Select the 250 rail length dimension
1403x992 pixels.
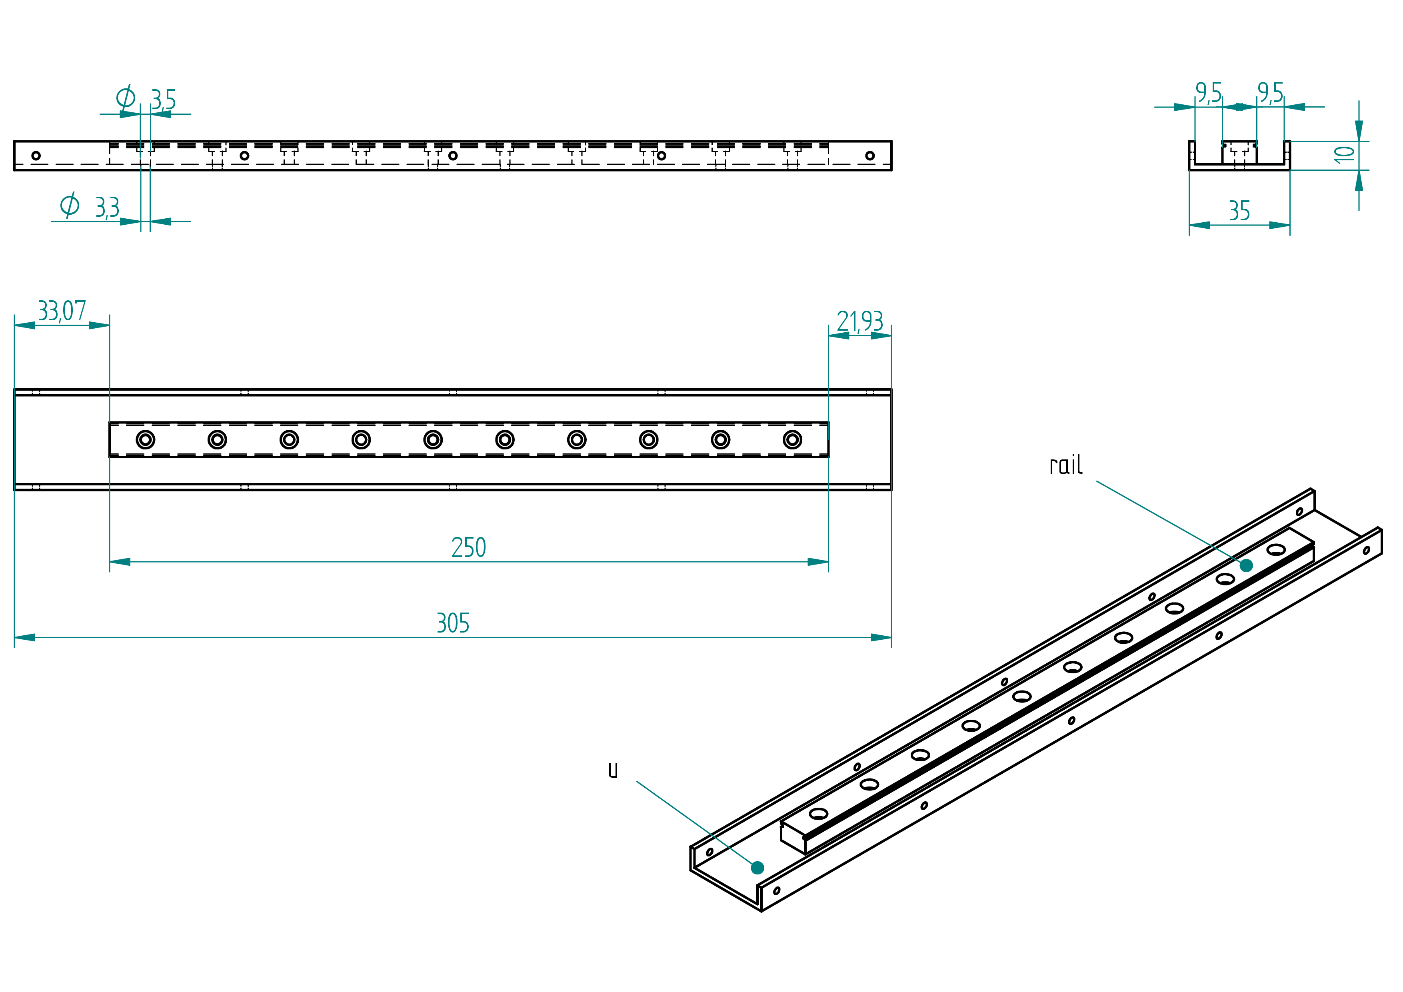click(469, 548)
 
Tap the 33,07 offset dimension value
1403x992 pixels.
click(62, 311)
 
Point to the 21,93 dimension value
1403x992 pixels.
click(860, 321)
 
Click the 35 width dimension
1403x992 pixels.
click(1239, 212)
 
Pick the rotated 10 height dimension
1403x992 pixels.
click(1344, 155)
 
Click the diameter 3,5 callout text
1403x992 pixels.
click(146, 98)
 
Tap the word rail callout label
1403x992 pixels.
click(1066, 465)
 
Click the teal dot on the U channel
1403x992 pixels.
click(758, 868)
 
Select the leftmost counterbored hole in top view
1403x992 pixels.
click(146, 440)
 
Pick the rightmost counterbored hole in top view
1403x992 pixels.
click(793, 440)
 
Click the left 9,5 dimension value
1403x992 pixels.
click(1209, 93)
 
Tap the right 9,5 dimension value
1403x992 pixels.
click(1270, 93)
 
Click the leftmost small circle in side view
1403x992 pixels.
click(36, 156)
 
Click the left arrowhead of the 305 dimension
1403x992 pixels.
click(24, 638)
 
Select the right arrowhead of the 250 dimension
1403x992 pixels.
click(818, 562)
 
